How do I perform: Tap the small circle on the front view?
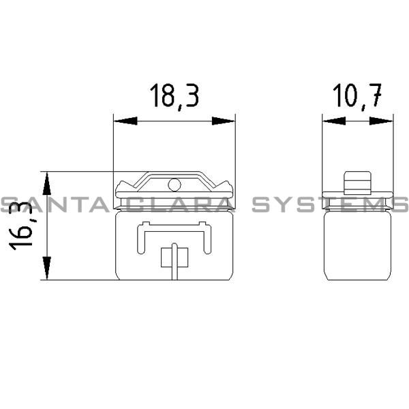(174, 183)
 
